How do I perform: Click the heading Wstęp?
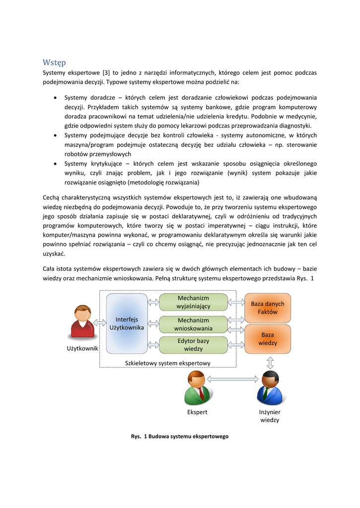pyautogui.click(x=54, y=63)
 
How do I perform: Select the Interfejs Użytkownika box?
pyautogui.click(x=127, y=323)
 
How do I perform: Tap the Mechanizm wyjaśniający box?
pyautogui.click(x=193, y=302)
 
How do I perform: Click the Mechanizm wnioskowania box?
pyautogui.click(x=193, y=324)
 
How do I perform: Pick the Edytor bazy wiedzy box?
pyautogui.click(x=193, y=345)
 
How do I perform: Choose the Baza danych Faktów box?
pyautogui.click(x=267, y=308)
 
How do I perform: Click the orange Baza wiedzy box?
pyautogui.click(x=267, y=339)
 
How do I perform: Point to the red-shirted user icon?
pyautogui.click(x=82, y=322)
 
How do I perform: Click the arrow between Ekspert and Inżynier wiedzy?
pyautogui.click(x=232, y=380)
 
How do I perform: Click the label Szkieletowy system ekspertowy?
pyautogui.click(x=168, y=363)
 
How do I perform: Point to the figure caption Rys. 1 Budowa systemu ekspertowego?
pyautogui.click(x=179, y=437)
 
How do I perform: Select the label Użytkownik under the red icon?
pyautogui.click(x=82, y=349)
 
